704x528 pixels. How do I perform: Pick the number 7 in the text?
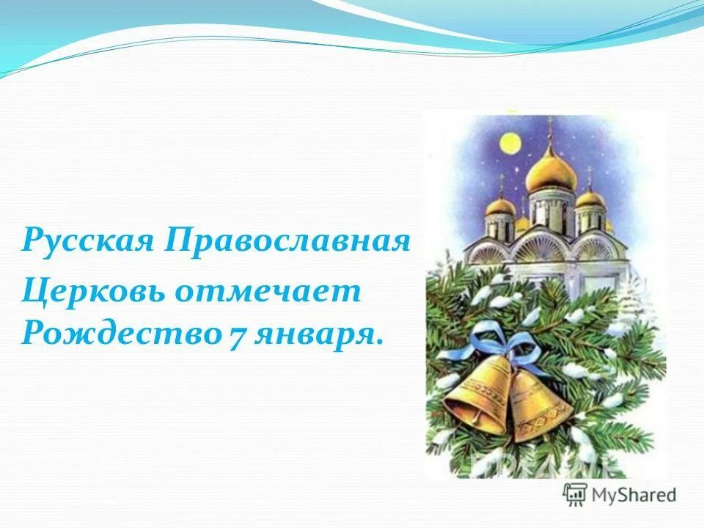tap(236, 335)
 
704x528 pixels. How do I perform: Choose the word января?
tap(318, 335)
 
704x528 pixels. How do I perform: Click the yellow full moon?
tap(510, 142)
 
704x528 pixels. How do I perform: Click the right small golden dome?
tap(590, 199)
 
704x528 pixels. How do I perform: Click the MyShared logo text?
tap(634, 494)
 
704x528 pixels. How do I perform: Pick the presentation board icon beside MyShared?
tap(575, 494)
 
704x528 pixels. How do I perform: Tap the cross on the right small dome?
tap(589, 176)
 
